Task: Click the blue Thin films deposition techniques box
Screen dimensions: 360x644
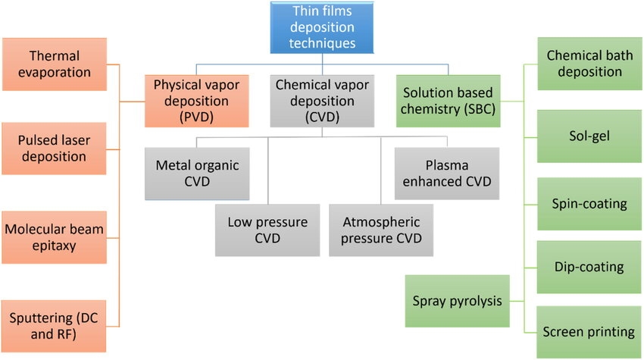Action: tap(324, 29)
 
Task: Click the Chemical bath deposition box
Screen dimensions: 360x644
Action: tap(584, 64)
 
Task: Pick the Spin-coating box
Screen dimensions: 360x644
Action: tap(584, 203)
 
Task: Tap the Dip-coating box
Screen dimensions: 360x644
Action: tap(584, 266)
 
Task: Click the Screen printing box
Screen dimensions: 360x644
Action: tap(584, 332)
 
